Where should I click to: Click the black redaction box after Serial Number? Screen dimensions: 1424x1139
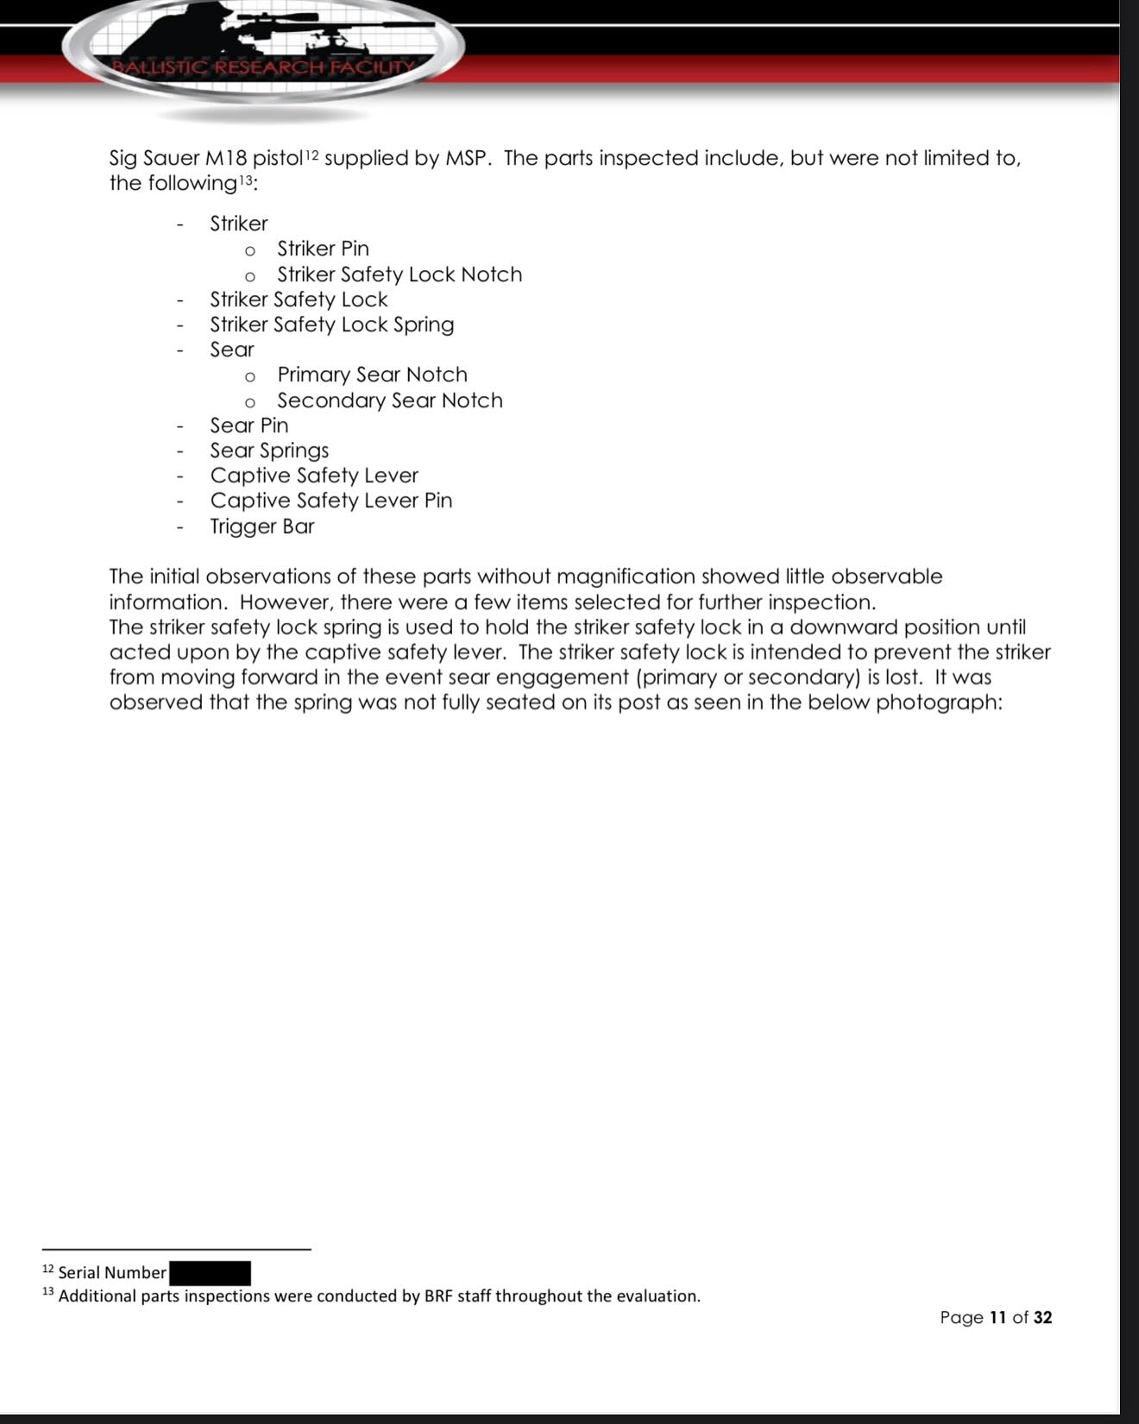(x=210, y=1273)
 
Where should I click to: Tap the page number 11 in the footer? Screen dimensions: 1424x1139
(x=998, y=1317)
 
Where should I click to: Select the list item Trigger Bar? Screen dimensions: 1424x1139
(x=262, y=526)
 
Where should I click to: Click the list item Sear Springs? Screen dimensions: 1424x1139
(x=269, y=451)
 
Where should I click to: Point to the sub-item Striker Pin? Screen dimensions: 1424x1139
(x=323, y=249)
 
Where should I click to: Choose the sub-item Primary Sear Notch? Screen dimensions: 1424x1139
(x=372, y=375)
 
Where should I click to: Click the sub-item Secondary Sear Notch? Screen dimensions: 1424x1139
(x=390, y=400)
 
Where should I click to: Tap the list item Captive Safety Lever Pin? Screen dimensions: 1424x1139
(x=331, y=501)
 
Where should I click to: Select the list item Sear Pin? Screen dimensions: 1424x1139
(x=249, y=425)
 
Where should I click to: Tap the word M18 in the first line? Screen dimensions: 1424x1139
(x=227, y=159)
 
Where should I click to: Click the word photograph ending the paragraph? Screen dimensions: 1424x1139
(x=938, y=703)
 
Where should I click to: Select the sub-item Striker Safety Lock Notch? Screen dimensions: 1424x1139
(x=400, y=274)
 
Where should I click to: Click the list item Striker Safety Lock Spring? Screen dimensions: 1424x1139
(x=332, y=324)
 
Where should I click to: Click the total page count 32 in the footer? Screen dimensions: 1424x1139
(x=1042, y=1317)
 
